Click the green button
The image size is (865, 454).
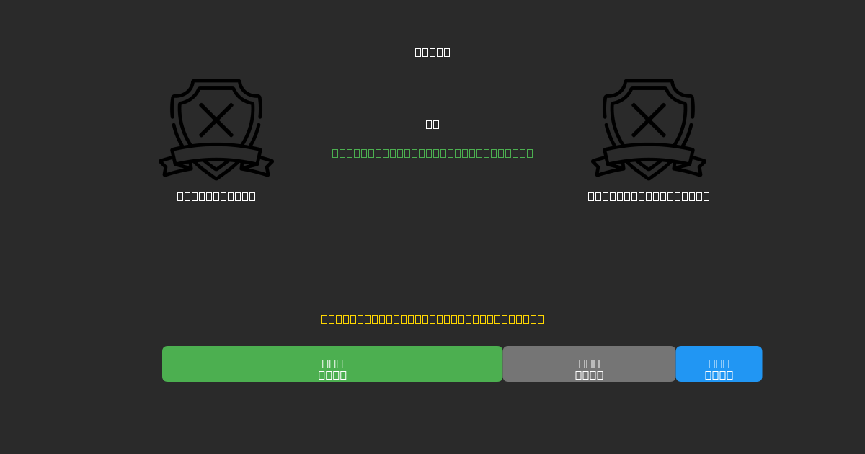(332, 364)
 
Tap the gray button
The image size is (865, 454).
(589, 364)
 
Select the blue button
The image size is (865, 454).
(719, 364)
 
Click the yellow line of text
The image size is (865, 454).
(432, 319)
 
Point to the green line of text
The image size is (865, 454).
(432, 153)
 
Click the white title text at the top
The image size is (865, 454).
(432, 52)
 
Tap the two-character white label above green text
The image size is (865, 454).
(432, 124)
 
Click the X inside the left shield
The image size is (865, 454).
(216, 120)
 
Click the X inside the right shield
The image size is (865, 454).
(649, 120)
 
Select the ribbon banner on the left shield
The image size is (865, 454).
(216, 154)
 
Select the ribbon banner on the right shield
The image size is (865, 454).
(649, 154)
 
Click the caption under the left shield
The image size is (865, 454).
(216, 196)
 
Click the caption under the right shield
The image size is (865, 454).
(649, 196)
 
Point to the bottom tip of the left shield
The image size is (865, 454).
(216, 177)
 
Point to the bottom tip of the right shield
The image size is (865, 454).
(649, 177)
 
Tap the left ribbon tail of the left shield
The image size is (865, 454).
(170, 166)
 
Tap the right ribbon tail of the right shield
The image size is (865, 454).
(695, 166)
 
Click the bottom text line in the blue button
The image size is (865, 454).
(719, 375)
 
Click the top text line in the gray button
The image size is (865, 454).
(589, 363)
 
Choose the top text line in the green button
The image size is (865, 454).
(332, 363)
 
